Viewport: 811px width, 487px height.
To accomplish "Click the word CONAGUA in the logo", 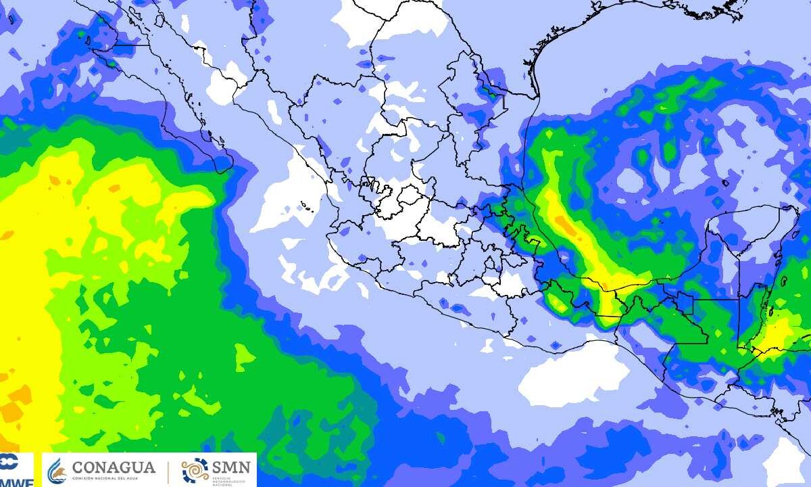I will pos(113,467).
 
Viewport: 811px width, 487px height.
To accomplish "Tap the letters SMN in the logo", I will pos(231,466).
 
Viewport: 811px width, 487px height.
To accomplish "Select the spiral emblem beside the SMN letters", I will pos(195,469).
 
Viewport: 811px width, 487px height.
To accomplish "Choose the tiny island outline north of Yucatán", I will pos(725,183).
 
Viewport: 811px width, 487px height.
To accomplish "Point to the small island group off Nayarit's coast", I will pos(306,205).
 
